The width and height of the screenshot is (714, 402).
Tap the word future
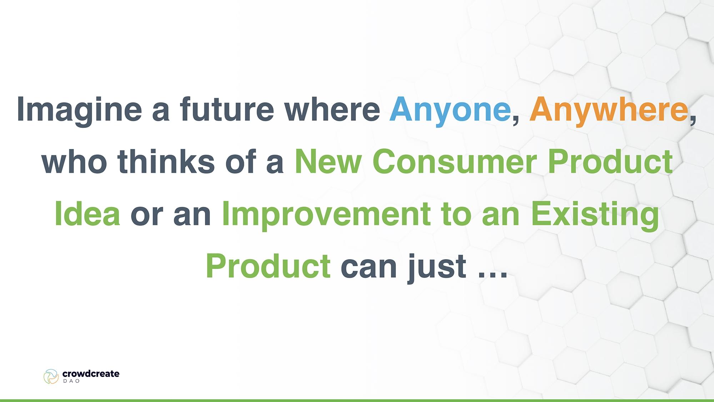(227, 109)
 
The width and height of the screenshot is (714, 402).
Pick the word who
(74, 162)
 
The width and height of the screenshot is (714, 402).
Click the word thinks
(166, 162)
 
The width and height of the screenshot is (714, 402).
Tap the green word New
(328, 162)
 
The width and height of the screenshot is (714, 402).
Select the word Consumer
(454, 162)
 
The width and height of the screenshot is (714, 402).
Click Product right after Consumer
(610, 162)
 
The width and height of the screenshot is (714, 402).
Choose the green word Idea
(87, 214)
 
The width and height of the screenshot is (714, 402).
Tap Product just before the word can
(268, 266)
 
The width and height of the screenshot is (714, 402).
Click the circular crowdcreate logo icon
(51, 377)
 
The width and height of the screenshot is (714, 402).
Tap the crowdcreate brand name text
(91, 374)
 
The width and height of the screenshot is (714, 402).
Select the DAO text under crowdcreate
(71, 381)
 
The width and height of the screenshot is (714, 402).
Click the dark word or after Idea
(147, 216)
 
